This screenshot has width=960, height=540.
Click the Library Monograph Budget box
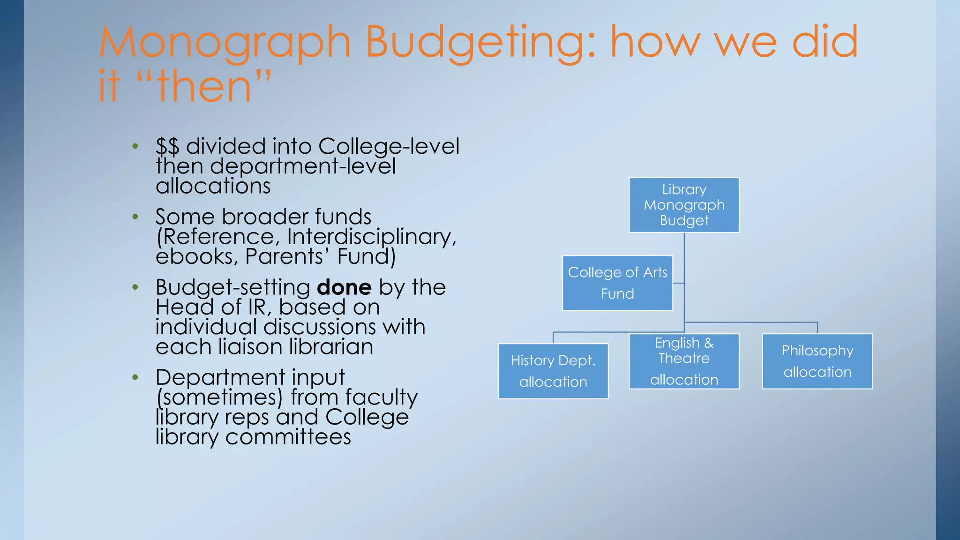tap(684, 205)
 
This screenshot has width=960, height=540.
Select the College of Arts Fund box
tap(617, 283)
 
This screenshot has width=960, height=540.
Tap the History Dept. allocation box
tap(553, 371)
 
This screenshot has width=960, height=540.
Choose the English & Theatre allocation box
tap(684, 361)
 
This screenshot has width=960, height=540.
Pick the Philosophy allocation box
tap(817, 361)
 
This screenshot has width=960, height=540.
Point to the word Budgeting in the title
tap(481, 43)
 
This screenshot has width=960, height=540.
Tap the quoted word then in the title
tap(204, 86)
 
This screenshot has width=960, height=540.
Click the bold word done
tap(344, 287)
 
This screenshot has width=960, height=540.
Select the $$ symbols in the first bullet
tap(167, 147)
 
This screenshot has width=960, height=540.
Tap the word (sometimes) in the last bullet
tap(219, 397)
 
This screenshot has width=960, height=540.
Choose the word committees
tap(288, 437)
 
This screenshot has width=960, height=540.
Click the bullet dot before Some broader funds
tap(135, 217)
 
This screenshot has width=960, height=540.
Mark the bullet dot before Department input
tap(135, 377)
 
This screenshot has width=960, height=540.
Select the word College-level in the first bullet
tap(389, 146)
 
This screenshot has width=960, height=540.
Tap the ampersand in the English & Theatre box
tap(709, 343)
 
